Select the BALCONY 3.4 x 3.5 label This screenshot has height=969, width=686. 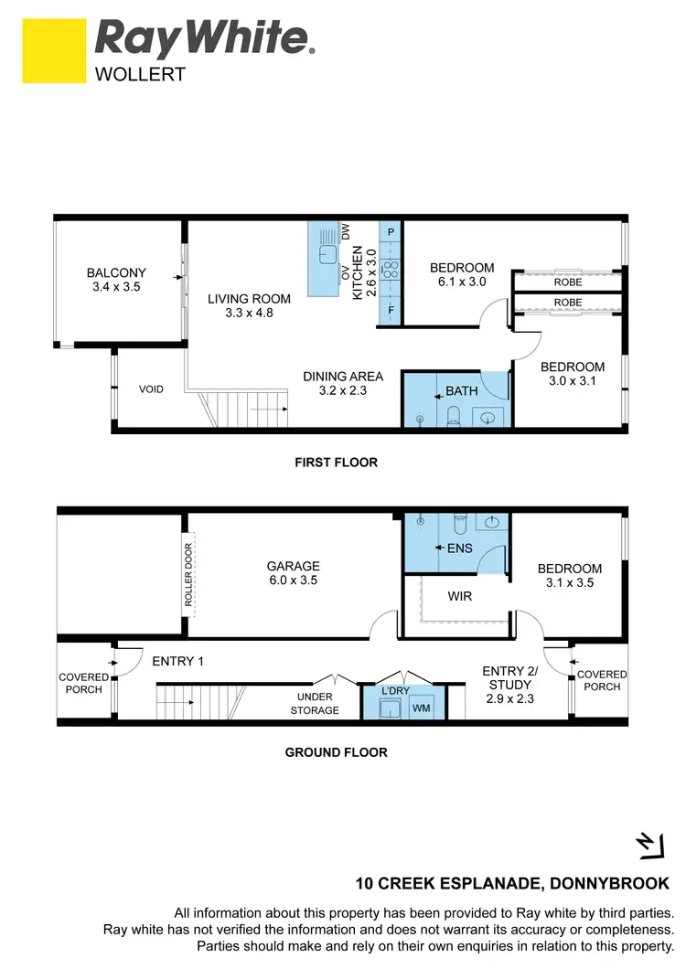(x=116, y=280)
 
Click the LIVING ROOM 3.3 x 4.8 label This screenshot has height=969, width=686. (x=249, y=305)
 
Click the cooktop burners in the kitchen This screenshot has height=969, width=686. (x=391, y=269)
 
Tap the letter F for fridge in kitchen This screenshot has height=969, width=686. (x=391, y=310)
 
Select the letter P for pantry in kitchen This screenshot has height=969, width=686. (x=391, y=232)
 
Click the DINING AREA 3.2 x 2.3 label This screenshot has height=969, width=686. (x=343, y=383)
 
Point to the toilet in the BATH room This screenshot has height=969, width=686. (x=455, y=417)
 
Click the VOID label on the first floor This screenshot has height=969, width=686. (x=151, y=389)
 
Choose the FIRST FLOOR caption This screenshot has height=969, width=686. (x=336, y=463)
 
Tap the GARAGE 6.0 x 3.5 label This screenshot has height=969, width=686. (x=294, y=572)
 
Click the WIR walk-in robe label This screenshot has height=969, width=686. (x=459, y=595)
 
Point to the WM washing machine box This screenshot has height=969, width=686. (x=422, y=708)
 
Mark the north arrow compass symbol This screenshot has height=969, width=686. (x=648, y=847)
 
